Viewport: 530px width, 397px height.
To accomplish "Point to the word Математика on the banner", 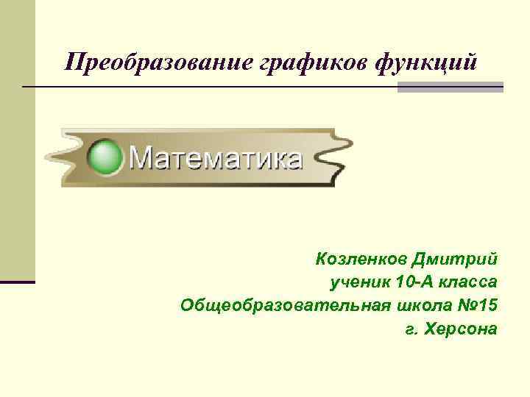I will (x=216, y=158).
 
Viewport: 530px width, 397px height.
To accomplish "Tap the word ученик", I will (x=359, y=282).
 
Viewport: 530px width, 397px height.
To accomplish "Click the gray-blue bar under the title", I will (x=451, y=87).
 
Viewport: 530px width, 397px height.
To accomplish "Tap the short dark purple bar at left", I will (x=18, y=282).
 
